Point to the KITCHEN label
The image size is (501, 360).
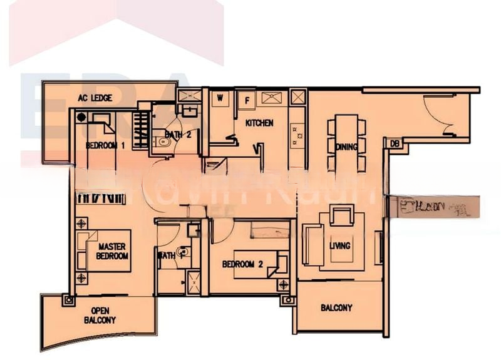pos(259,123)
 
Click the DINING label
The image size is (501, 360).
pos(346,147)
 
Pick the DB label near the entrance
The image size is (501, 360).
pos(394,143)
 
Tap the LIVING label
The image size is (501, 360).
pos(340,245)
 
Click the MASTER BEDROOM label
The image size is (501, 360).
pos(112,252)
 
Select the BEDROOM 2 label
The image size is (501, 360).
pos(242,264)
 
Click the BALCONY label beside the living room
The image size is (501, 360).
pos(336,308)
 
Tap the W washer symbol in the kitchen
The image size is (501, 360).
pos(220,98)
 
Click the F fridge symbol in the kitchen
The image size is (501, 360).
pos(247,99)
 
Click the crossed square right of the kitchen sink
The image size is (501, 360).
pos(298,98)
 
